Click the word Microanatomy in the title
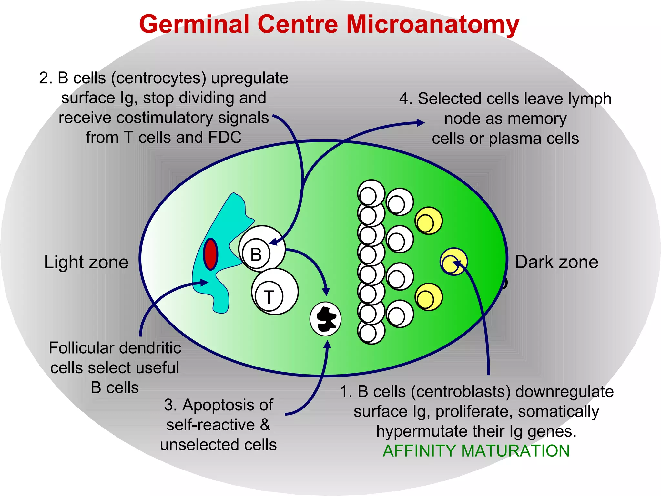(x=432, y=25)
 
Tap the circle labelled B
(x=262, y=249)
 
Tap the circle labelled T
(x=275, y=292)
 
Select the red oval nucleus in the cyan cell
(x=210, y=254)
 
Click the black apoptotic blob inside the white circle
(x=326, y=319)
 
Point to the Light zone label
(x=86, y=262)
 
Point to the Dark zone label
(x=556, y=262)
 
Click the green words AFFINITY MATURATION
(x=476, y=451)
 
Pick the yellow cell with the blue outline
(x=453, y=262)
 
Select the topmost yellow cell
(x=429, y=221)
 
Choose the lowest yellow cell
(x=429, y=297)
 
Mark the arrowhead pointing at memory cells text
(x=421, y=123)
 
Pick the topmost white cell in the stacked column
(x=371, y=193)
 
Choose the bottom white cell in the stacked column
(x=371, y=331)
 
